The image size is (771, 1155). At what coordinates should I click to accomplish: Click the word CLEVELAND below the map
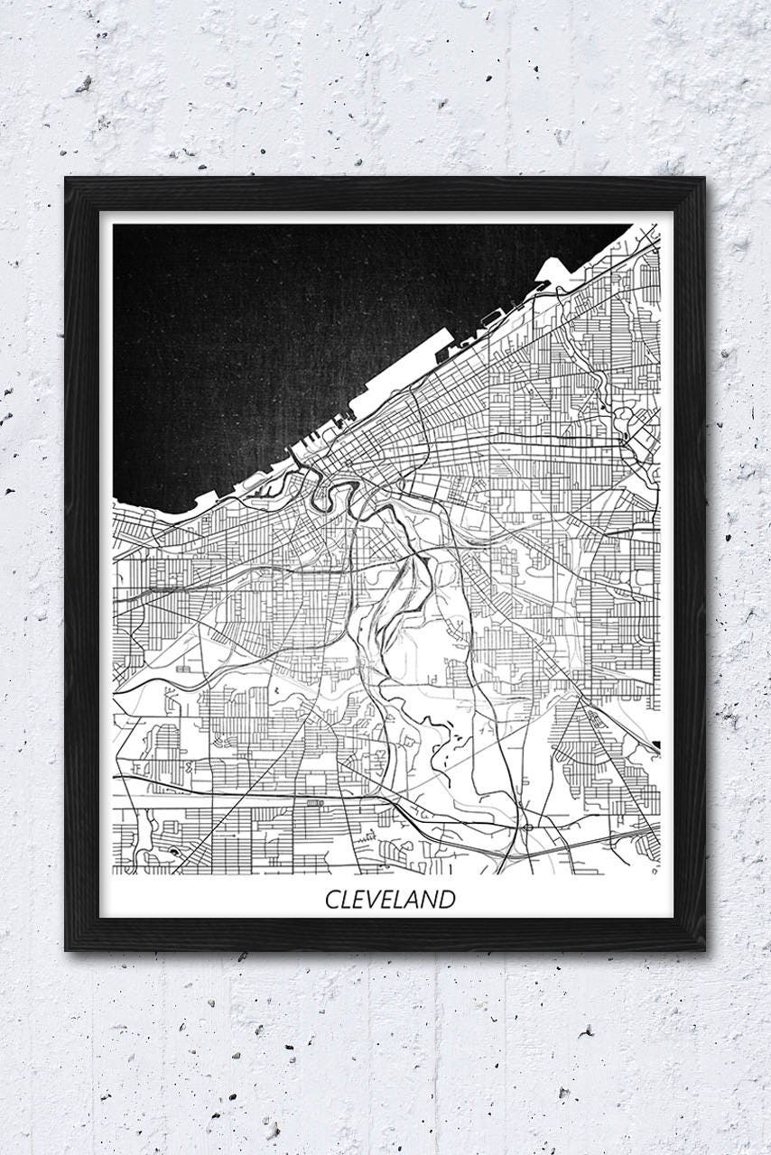point(390,899)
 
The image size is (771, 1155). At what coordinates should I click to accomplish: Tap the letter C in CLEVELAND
point(331,900)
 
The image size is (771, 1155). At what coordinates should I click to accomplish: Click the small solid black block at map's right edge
point(656,745)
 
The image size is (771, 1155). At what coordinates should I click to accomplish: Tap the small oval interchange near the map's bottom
point(525,826)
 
